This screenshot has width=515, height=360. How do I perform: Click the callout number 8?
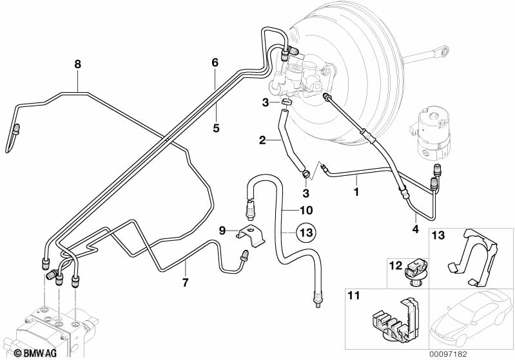point(77,64)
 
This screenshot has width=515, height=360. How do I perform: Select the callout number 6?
point(215,62)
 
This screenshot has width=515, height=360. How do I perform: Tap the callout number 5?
point(216,128)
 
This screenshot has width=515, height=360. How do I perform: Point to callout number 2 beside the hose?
point(262,140)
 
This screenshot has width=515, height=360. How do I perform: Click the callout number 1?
point(355,191)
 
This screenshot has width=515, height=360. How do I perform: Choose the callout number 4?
point(414,229)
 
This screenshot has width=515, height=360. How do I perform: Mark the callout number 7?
point(185,283)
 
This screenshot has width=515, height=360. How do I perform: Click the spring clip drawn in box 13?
point(477,258)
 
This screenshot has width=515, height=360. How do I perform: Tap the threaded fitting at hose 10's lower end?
point(317,298)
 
